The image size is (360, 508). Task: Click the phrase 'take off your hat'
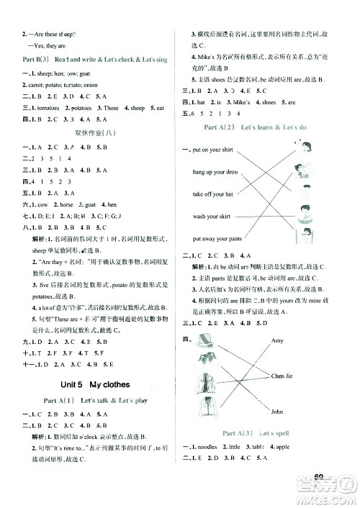(212, 194)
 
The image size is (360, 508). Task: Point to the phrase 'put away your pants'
(217, 238)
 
